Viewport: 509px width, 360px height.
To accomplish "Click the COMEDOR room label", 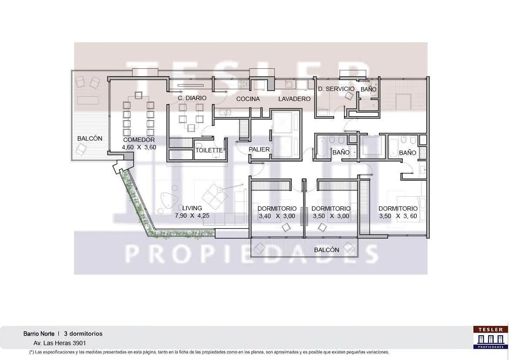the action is coord(138,140).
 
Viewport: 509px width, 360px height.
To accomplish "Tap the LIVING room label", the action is coord(192,208).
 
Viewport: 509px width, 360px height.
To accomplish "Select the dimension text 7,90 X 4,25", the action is coord(192,215).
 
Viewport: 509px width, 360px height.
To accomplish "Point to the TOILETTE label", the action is coord(209,150).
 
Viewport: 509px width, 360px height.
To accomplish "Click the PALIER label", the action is coord(259,149).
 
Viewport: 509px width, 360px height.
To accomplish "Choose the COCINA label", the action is coord(248,99).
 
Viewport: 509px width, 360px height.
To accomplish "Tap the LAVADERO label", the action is coord(294,99).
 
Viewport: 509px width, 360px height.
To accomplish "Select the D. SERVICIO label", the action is coord(336,89).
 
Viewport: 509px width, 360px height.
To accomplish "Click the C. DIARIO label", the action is coord(192,98).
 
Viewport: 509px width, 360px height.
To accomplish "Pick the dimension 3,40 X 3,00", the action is coord(277,216).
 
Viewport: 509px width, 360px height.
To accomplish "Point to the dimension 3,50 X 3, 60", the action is coord(398,216).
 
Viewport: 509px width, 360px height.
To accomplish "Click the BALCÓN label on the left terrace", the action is coord(90,138).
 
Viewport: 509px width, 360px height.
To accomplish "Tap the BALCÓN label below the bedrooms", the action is coord(327,250).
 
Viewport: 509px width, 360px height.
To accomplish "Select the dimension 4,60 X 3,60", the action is coord(139,147).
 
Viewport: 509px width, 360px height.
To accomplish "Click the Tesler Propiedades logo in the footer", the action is coord(490,338).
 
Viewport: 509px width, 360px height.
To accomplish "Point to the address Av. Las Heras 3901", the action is coord(60,343).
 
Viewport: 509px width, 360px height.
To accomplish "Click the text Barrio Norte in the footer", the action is coord(39,334).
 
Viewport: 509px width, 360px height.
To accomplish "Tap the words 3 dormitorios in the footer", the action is coord(83,334).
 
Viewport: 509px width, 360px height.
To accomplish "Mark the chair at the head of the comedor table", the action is coord(138,95).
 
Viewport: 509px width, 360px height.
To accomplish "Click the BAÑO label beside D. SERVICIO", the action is coord(368,89).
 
